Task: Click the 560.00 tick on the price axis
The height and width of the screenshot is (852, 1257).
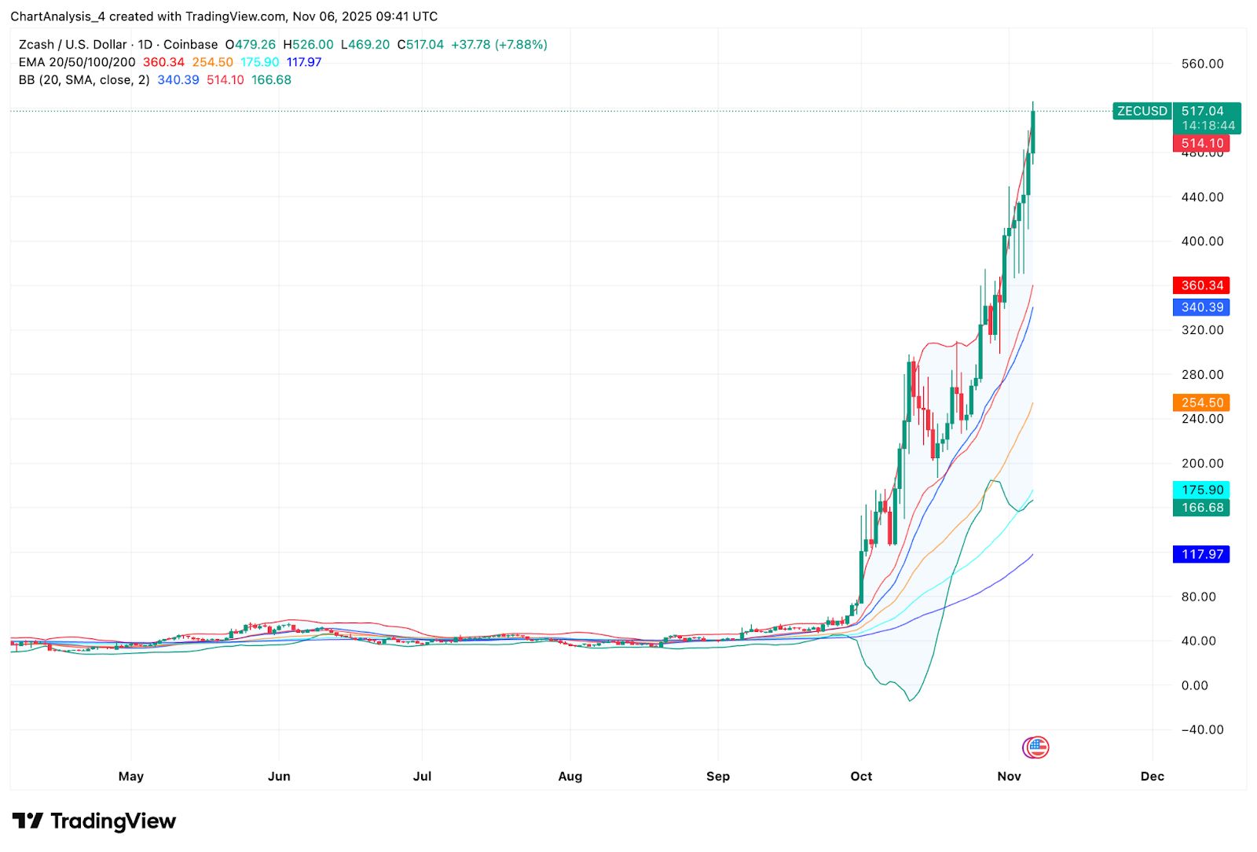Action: tap(1202, 64)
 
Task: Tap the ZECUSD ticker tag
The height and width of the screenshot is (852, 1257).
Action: tap(1142, 111)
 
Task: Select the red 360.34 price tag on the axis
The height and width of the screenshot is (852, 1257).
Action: tap(1201, 285)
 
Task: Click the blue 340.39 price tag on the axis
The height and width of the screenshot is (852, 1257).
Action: tap(1201, 307)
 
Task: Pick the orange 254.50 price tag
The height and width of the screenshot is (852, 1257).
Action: tap(1201, 402)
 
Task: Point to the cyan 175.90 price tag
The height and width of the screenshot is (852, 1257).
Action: tap(1201, 490)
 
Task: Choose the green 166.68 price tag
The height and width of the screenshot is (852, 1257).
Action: tap(1201, 508)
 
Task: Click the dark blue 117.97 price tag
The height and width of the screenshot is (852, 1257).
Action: tap(1201, 554)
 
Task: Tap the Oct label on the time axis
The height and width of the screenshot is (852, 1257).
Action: tap(861, 777)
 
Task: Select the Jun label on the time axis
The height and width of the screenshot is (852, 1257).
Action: tap(279, 777)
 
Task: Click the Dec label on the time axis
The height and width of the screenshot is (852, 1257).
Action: tap(1152, 777)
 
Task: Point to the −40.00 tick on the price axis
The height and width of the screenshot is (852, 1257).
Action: tap(1202, 729)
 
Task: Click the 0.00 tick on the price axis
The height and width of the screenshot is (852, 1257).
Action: tap(1195, 685)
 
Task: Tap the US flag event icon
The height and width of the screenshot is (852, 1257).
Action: tap(1037, 747)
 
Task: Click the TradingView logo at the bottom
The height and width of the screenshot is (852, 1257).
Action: tap(94, 821)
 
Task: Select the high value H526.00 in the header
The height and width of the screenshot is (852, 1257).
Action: tap(308, 45)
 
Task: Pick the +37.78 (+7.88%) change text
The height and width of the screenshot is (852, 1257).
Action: tap(499, 45)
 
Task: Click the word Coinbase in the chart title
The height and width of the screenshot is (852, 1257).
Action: tap(190, 45)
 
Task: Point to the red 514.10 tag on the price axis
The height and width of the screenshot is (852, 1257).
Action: tap(1201, 143)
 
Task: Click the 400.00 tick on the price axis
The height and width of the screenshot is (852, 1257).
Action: tap(1202, 241)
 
